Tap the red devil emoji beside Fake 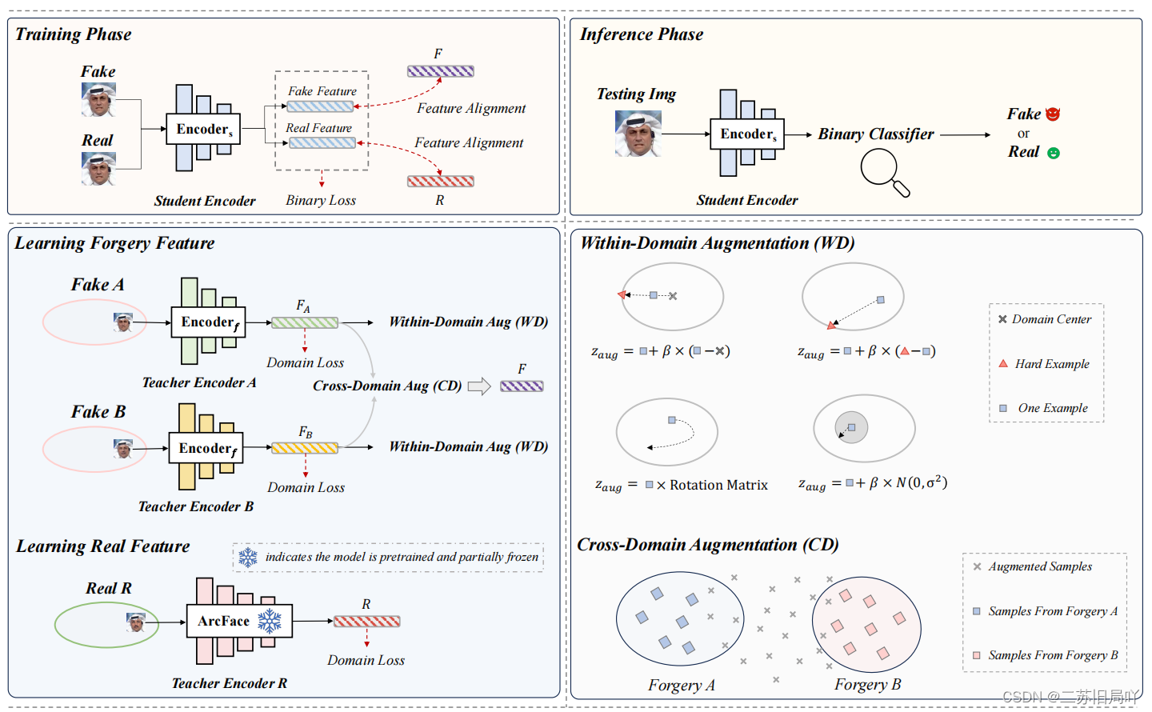(x=1053, y=114)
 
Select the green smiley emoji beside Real (x=1054, y=153)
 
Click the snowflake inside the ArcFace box (x=270, y=621)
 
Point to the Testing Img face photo (x=638, y=133)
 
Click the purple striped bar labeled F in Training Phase (x=440, y=71)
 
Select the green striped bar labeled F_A (x=305, y=323)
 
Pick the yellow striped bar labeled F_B (x=305, y=448)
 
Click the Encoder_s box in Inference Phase (x=747, y=134)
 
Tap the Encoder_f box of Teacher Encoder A (x=208, y=322)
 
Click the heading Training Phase (x=73, y=34)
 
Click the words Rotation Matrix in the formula (x=718, y=485)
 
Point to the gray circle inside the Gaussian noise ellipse (x=851, y=427)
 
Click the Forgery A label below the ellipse (x=681, y=685)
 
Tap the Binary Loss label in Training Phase (x=321, y=201)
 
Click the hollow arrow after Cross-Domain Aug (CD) (x=479, y=386)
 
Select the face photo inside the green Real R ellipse (x=136, y=622)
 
